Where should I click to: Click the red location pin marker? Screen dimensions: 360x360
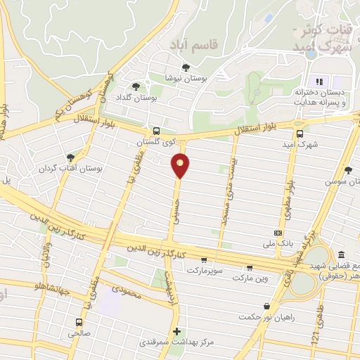click(181, 165)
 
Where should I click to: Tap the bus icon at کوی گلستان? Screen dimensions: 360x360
click(156, 131)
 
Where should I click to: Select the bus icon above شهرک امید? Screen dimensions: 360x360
click(300, 134)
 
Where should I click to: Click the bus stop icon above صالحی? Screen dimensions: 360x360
click(79, 322)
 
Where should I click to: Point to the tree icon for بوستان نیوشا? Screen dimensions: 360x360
click(186, 67)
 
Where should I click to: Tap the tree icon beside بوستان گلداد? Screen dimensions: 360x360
click(136, 86)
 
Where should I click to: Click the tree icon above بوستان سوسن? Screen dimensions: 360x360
click(348, 169)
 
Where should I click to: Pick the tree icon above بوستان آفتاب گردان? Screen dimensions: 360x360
click(70, 157)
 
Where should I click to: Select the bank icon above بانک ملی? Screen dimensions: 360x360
click(278, 232)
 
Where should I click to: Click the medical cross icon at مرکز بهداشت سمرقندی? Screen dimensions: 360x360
click(176, 331)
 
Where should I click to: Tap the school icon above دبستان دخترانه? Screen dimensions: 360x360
click(318, 81)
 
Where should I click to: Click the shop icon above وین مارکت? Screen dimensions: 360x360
click(250, 267)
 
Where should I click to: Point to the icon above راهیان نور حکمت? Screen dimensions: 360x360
click(266, 306)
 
